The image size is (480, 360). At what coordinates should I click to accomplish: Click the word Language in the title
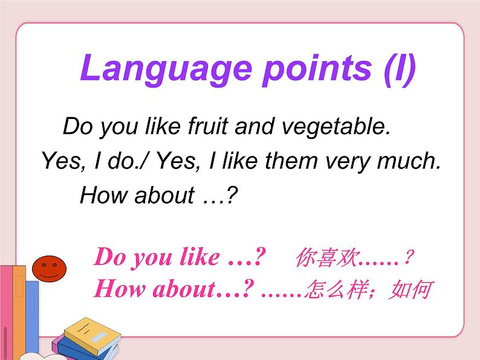point(166,69)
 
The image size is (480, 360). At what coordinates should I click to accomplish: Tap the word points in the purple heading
point(317,69)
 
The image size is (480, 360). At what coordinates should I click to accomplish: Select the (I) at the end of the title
point(400,69)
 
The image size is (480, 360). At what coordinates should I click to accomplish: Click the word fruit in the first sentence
point(208,126)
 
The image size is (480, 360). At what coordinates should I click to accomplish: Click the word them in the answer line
point(291,161)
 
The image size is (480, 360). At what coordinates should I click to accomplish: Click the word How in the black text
point(103,194)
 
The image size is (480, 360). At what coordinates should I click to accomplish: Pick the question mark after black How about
point(232,194)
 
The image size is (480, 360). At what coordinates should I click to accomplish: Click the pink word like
point(199,257)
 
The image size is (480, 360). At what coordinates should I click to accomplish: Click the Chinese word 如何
point(410,289)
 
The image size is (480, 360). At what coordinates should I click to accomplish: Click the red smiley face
point(50,269)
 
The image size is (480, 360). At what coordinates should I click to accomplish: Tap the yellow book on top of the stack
point(92,335)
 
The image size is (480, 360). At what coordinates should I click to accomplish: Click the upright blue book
point(32,318)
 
